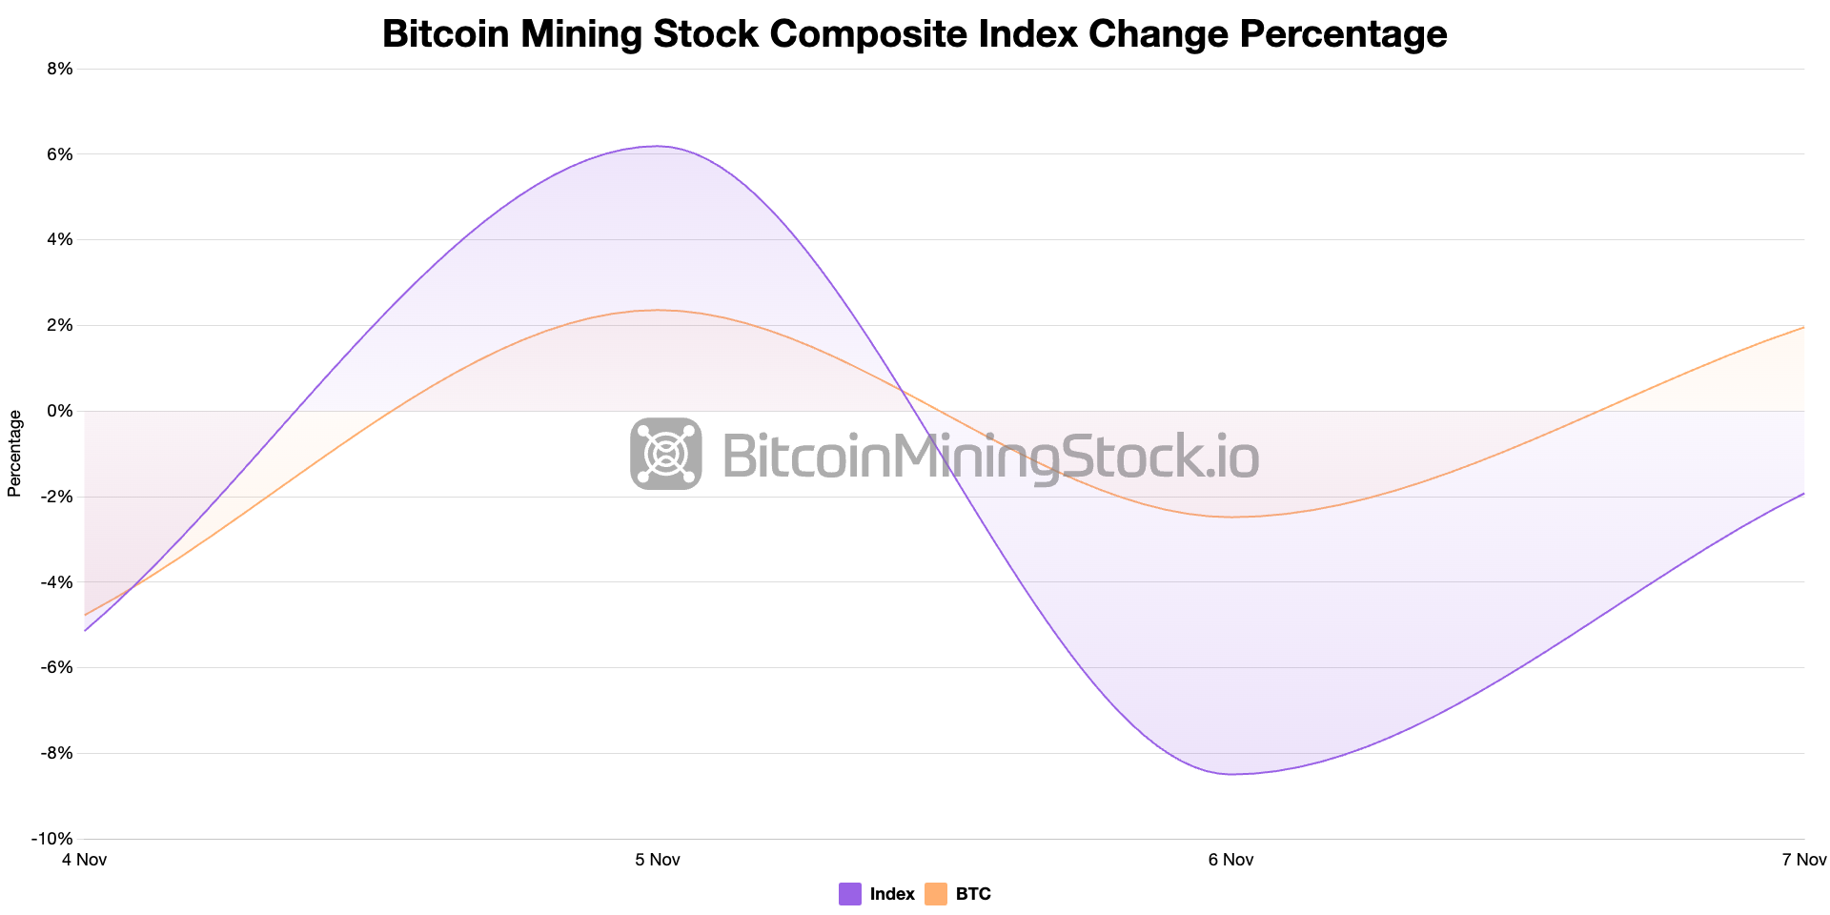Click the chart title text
click(x=914, y=34)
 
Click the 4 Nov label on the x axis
click(x=84, y=860)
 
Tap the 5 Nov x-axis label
click(x=658, y=860)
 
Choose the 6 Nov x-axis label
click(x=1230, y=860)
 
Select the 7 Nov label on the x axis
click(x=1803, y=860)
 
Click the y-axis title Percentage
click(x=14, y=454)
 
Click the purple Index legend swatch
click(x=850, y=894)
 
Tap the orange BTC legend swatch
click(x=936, y=894)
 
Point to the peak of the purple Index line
click(x=658, y=146)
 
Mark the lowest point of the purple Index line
click(x=1230, y=774)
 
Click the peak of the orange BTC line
click(x=658, y=310)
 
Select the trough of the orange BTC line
click(x=1230, y=517)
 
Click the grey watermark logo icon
click(x=666, y=454)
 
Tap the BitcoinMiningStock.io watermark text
click(x=990, y=456)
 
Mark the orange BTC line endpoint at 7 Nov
click(x=1803, y=327)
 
